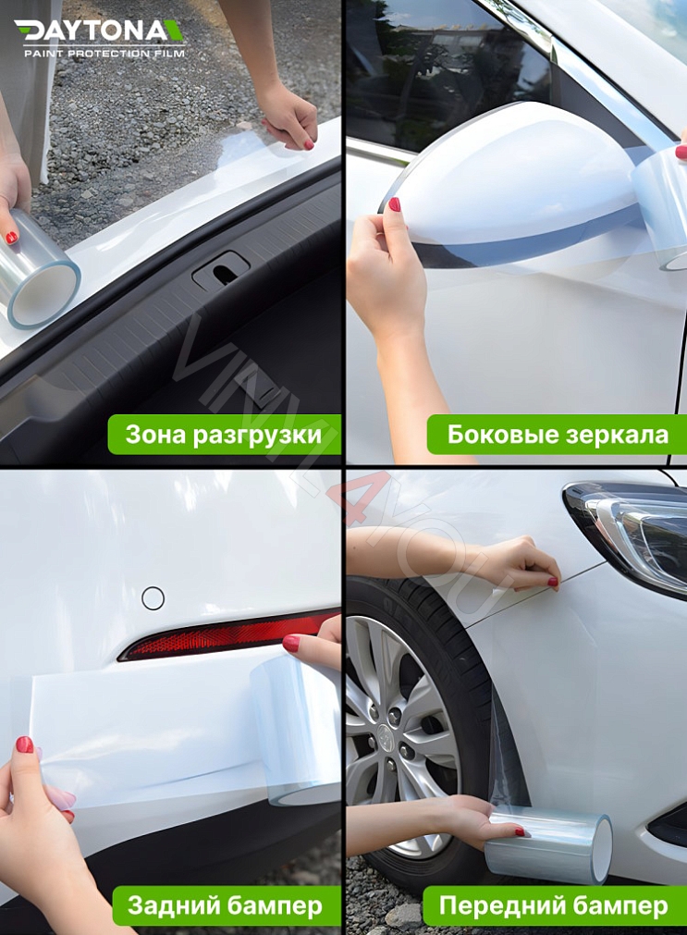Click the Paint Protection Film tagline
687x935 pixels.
pyautogui.click(x=104, y=54)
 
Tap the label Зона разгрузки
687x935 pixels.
pyautogui.click(x=224, y=435)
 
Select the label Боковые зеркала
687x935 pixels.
pyautogui.click(x=557, y=435)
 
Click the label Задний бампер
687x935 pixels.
pyautogui.click(x=225, y=905)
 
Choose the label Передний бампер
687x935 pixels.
pyautogui.click(x=553, y=905)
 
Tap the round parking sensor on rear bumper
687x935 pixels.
pyautogui.click(x=153, y=598)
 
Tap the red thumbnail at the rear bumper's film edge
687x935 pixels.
pyautogui.click(x=24, y=744)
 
